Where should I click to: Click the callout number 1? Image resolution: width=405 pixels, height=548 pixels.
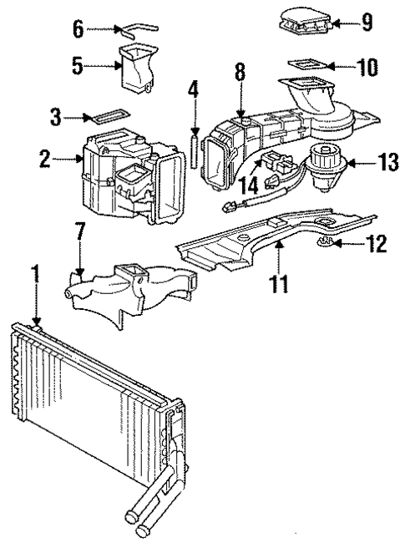pos(34,272)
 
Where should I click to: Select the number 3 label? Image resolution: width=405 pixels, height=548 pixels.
pos(56,118)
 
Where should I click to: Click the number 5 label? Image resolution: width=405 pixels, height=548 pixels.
pos(77,64)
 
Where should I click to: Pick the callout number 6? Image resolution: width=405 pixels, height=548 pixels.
pos(79,28)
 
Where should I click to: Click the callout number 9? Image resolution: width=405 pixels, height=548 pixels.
pos(367,23)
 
